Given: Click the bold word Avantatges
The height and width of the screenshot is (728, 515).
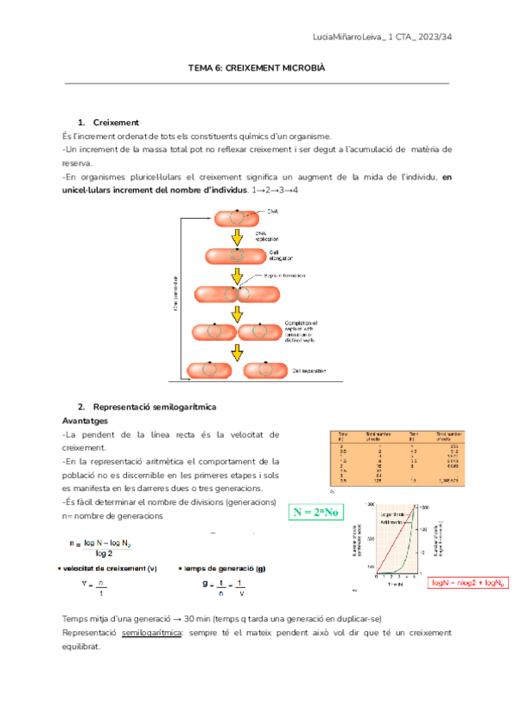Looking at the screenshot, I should (84, 422).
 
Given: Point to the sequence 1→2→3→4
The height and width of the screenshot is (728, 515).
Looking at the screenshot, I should (276, 189).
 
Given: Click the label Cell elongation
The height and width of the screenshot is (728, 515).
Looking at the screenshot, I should (281, 254).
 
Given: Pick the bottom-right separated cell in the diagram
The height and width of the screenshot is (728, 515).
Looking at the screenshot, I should (265, 370).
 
